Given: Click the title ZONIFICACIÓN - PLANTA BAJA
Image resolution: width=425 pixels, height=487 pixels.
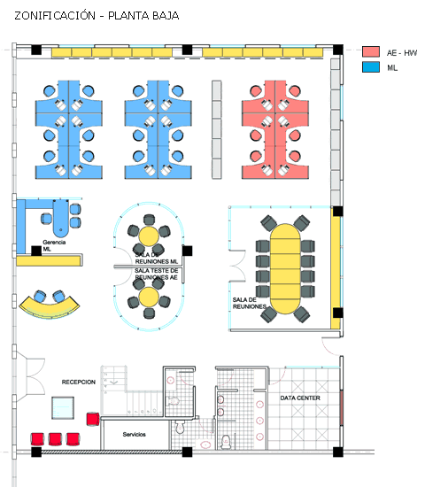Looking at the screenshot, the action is (x=97, y=16).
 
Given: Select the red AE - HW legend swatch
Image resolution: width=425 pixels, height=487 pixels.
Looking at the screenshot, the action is (x=371, y=51).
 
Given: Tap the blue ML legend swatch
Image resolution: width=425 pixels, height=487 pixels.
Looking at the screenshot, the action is (x=371, y=66).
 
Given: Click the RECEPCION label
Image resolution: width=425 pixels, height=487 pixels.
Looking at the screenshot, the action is (x=78, y=382).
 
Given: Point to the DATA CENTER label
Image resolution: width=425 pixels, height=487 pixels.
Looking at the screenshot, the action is (x=300, y=398).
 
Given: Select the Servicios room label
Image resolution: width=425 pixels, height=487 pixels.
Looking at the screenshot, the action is (x=134, y=434).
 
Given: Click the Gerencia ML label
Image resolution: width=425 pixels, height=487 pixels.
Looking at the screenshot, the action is (x=54, y=245).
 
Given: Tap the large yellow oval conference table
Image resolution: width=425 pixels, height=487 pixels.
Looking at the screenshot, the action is (x=285, y=268).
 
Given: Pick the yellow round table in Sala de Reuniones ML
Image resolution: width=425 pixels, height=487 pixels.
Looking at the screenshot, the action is (x=149, y=236).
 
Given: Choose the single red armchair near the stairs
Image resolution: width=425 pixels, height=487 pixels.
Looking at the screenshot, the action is (x=93, y=419).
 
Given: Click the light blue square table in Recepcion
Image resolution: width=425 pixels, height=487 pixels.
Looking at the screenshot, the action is (x=63, y=407).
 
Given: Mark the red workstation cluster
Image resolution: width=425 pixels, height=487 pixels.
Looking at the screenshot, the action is (x=275, y=129).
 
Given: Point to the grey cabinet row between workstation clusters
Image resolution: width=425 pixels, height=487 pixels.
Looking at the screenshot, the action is (x=217, y=129).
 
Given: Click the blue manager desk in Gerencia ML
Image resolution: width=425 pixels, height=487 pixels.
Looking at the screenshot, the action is (x=60, y=219).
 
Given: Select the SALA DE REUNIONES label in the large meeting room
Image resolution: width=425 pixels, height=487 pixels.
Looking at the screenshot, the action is (x=249, y=303).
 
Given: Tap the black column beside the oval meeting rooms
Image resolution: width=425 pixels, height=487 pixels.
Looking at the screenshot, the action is (x=187, y=251).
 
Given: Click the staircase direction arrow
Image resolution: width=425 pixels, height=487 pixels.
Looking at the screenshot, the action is (x=113, y=382).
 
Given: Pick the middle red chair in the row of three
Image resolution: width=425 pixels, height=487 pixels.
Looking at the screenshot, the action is (x=55, y=439).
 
